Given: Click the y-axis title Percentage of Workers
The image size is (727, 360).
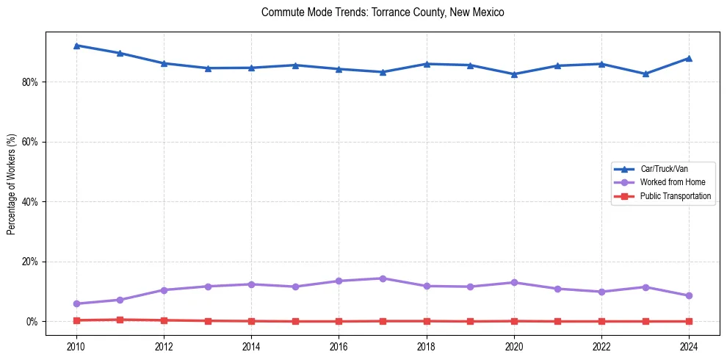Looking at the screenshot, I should pos(12,184).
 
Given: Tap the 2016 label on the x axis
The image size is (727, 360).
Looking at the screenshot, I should pos(339,345).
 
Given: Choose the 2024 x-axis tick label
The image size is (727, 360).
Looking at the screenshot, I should pos(689,345).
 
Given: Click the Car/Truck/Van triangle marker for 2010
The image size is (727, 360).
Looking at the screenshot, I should pos(76,46).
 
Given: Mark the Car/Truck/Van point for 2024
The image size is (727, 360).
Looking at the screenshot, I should pos(689,58).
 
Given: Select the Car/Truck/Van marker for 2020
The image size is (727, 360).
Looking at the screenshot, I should pos(514,74).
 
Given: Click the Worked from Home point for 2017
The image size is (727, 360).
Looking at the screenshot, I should pos(383,278).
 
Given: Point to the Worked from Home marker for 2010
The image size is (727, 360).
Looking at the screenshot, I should pos(76,303).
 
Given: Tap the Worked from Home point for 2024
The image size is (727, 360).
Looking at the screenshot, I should pos(689,295).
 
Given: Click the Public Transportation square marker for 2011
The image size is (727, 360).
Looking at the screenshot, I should pos(120,320).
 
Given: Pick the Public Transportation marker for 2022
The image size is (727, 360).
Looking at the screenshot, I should pos(601,321).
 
